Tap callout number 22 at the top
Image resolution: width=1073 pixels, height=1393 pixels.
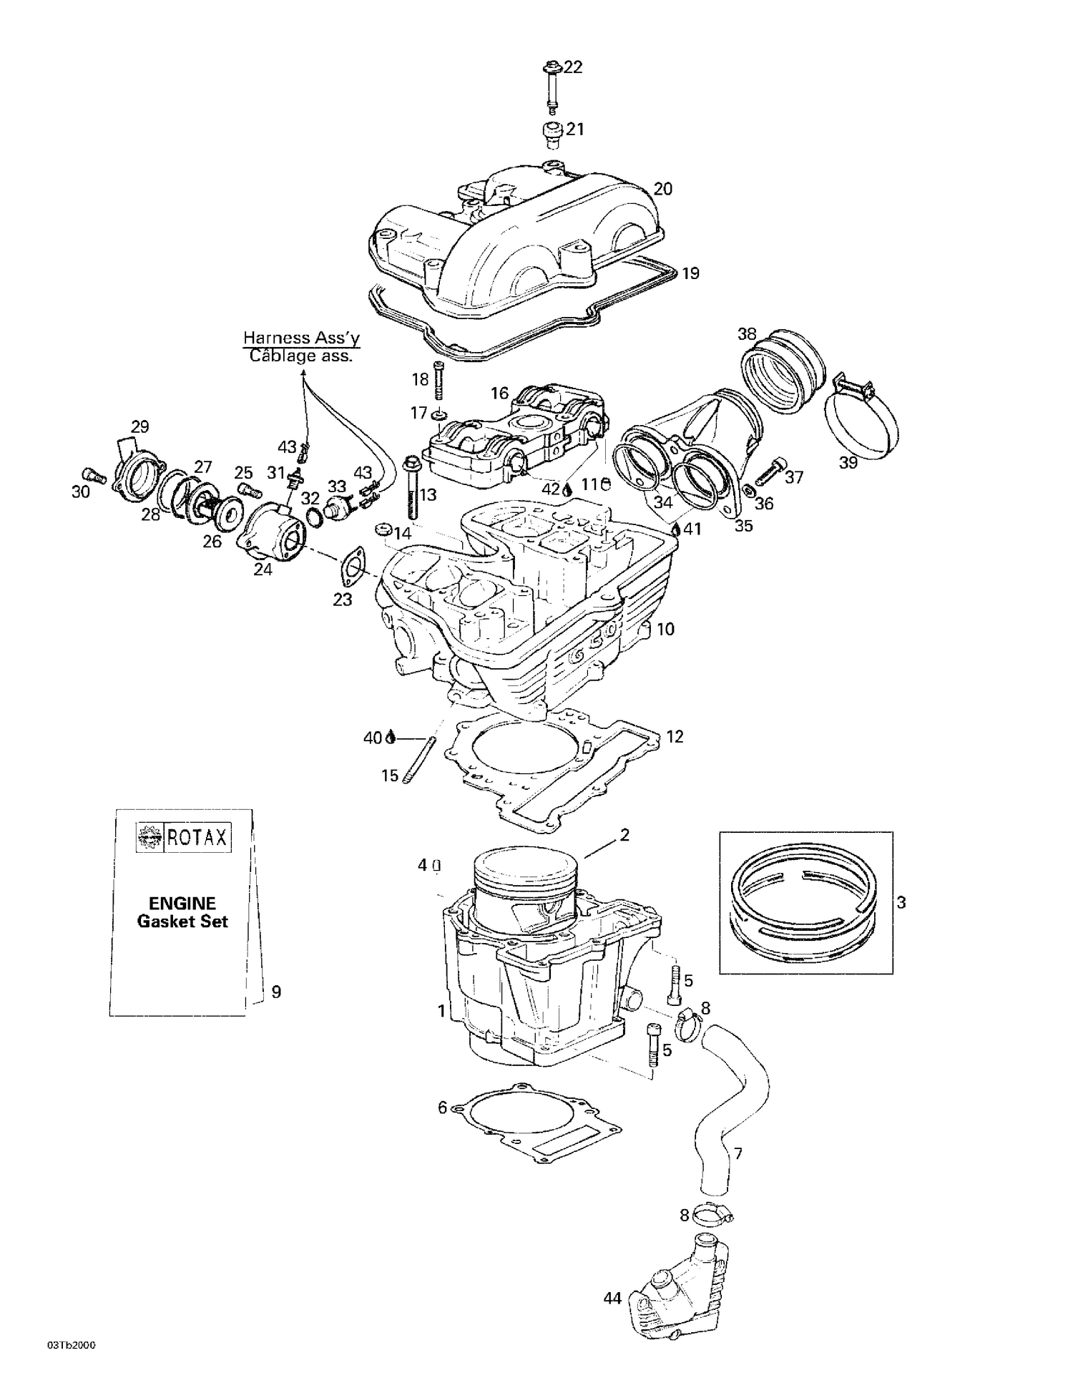pos(573,67)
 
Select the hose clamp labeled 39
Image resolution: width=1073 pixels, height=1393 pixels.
pos(862,422)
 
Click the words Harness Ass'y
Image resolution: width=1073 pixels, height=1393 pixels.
pos(301,338)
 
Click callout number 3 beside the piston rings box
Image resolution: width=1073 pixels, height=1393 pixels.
pos(901,903)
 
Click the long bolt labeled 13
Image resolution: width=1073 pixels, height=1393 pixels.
pos(411,489)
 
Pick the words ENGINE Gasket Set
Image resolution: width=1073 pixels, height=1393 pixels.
pos(182,912)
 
